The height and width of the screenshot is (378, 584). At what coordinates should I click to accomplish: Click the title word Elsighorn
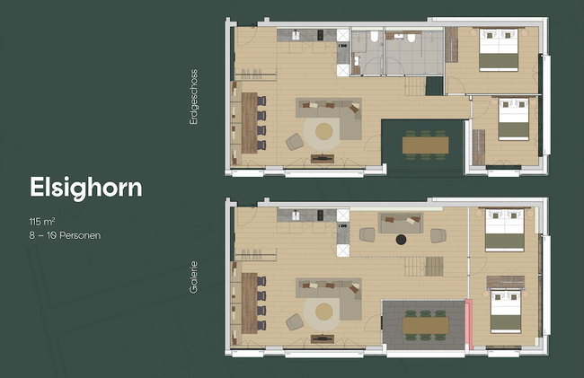(x=86, y=188)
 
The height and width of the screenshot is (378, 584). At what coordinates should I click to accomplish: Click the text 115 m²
(x=42, y=222)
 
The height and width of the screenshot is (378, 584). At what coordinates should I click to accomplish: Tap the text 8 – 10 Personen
(x=65, y=235)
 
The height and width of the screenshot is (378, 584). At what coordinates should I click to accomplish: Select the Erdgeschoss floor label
(x=194, y=97)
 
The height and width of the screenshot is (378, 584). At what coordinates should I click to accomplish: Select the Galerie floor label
(x=194, y=277)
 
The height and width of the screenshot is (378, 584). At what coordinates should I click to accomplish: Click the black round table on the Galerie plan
(x=401, y=240)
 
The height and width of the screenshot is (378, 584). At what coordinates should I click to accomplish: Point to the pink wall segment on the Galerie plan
(x=469, y=324)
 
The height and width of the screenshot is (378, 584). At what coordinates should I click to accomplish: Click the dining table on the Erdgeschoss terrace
(x=425, y=145)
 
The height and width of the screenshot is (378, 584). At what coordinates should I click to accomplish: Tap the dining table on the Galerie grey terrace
(x=425, y=326)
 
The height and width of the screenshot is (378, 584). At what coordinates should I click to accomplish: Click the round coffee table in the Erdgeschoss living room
(x=324, y=131)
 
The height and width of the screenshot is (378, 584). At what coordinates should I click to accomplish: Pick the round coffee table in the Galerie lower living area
(x=324, y=312)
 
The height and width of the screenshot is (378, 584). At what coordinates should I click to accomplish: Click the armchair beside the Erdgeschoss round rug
(x=295, y=142)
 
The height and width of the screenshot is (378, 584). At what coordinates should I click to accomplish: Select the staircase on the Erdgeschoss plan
(x=415, y=86)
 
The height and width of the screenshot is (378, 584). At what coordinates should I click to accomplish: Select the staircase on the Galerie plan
(x=424, y=266)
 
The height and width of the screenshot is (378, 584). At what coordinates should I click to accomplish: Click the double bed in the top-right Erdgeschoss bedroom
(x=499, y=50)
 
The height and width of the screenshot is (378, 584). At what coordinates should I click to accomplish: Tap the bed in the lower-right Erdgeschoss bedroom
(x=514, y=119)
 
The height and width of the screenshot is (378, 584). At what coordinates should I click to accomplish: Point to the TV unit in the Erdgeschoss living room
(x=323, y=159)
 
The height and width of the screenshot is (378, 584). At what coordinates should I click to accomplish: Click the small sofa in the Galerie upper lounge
(x=401, y=223)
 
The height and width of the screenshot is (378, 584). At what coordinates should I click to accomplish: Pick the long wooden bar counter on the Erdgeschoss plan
(x=250, y=123)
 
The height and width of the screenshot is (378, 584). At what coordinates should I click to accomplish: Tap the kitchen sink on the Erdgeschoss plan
(x=296, y=35)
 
